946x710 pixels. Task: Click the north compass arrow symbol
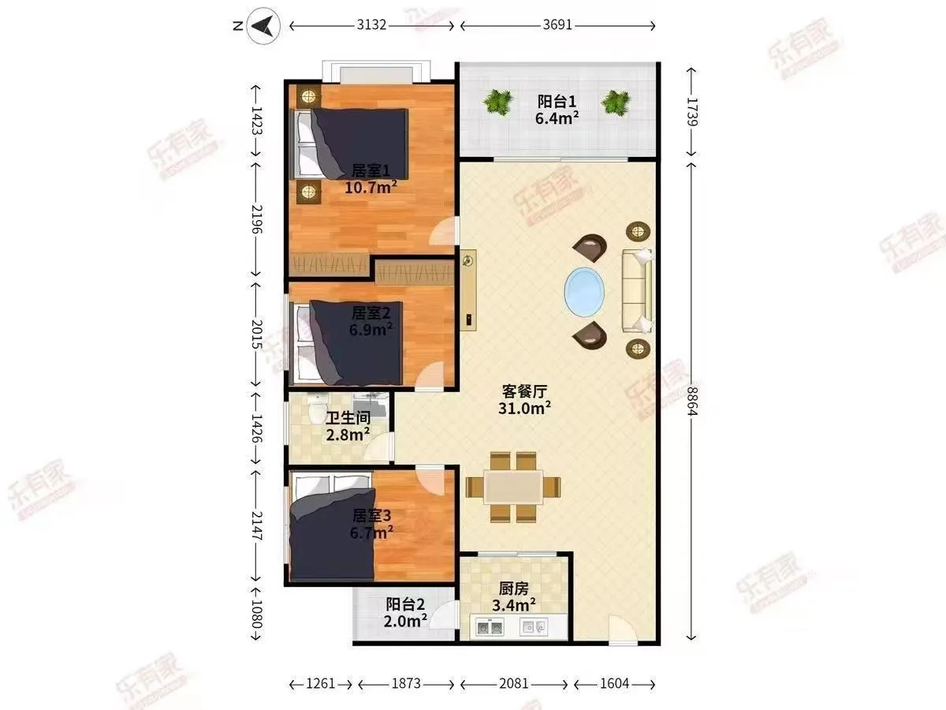click(x=263, y=26)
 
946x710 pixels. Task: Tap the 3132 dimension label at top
click(x=371, y=25)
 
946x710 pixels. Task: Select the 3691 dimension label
click(x=557, y=25)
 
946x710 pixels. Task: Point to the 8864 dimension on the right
click(x=691, y=401)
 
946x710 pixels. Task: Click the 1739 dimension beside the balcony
click(x=691, y=112)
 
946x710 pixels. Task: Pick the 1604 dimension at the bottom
click(x=615, y=684)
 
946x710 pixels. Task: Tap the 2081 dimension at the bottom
click(x=513, y=684)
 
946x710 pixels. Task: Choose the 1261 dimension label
click(x=320, y=684)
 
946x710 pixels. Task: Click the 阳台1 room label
click(x=557, y=103)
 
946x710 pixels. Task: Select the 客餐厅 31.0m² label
click(x=524, y=400)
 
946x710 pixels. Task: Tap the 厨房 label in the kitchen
click(x=513, y=589)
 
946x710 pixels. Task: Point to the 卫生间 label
click(x=348, y=418)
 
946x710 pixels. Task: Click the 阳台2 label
click(x=405, y=604)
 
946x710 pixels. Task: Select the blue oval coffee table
click(x=584, y=292)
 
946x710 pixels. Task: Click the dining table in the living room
click(x=513, y=487)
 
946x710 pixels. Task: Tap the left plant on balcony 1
click(x=498, y=103)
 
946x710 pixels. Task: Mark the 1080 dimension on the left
click(x=256, y=615)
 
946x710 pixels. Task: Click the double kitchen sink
click(x=490, y=627)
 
